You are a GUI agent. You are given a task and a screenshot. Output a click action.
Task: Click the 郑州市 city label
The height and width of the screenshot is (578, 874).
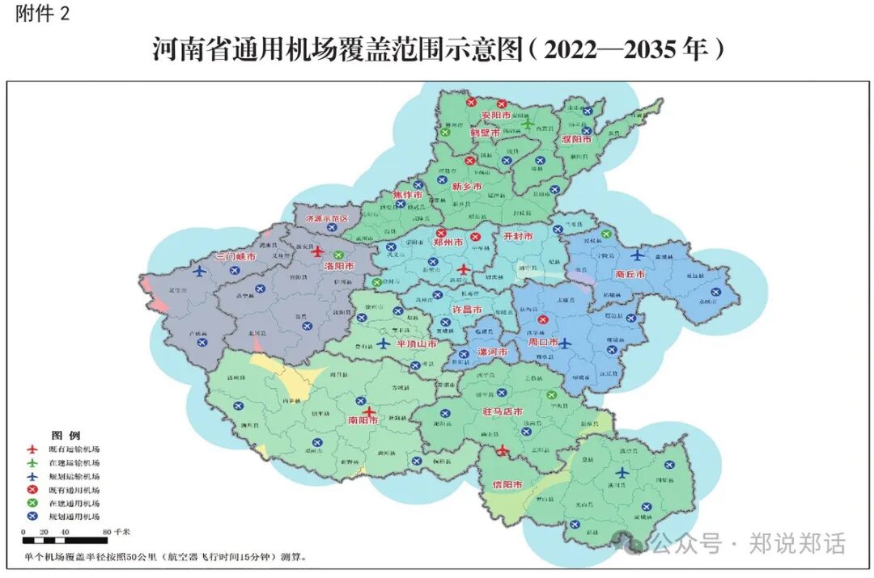[448, 242]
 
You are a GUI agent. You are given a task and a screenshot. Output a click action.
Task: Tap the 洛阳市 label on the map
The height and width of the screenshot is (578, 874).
[338, 265]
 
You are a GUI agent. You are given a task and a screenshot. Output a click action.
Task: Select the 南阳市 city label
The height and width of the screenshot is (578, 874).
[363, 420]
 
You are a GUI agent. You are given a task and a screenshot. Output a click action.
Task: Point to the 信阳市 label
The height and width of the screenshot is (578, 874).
[507, 484]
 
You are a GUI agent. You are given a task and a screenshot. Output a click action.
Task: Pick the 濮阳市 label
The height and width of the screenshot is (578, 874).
[576, 139]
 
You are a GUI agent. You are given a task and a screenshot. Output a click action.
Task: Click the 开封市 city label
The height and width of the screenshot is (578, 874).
[518, 237]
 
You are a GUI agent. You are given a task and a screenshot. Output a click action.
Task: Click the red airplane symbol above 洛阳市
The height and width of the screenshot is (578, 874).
[316, 251]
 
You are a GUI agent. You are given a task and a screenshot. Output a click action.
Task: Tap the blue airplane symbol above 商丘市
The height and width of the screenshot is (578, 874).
[638, 255]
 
